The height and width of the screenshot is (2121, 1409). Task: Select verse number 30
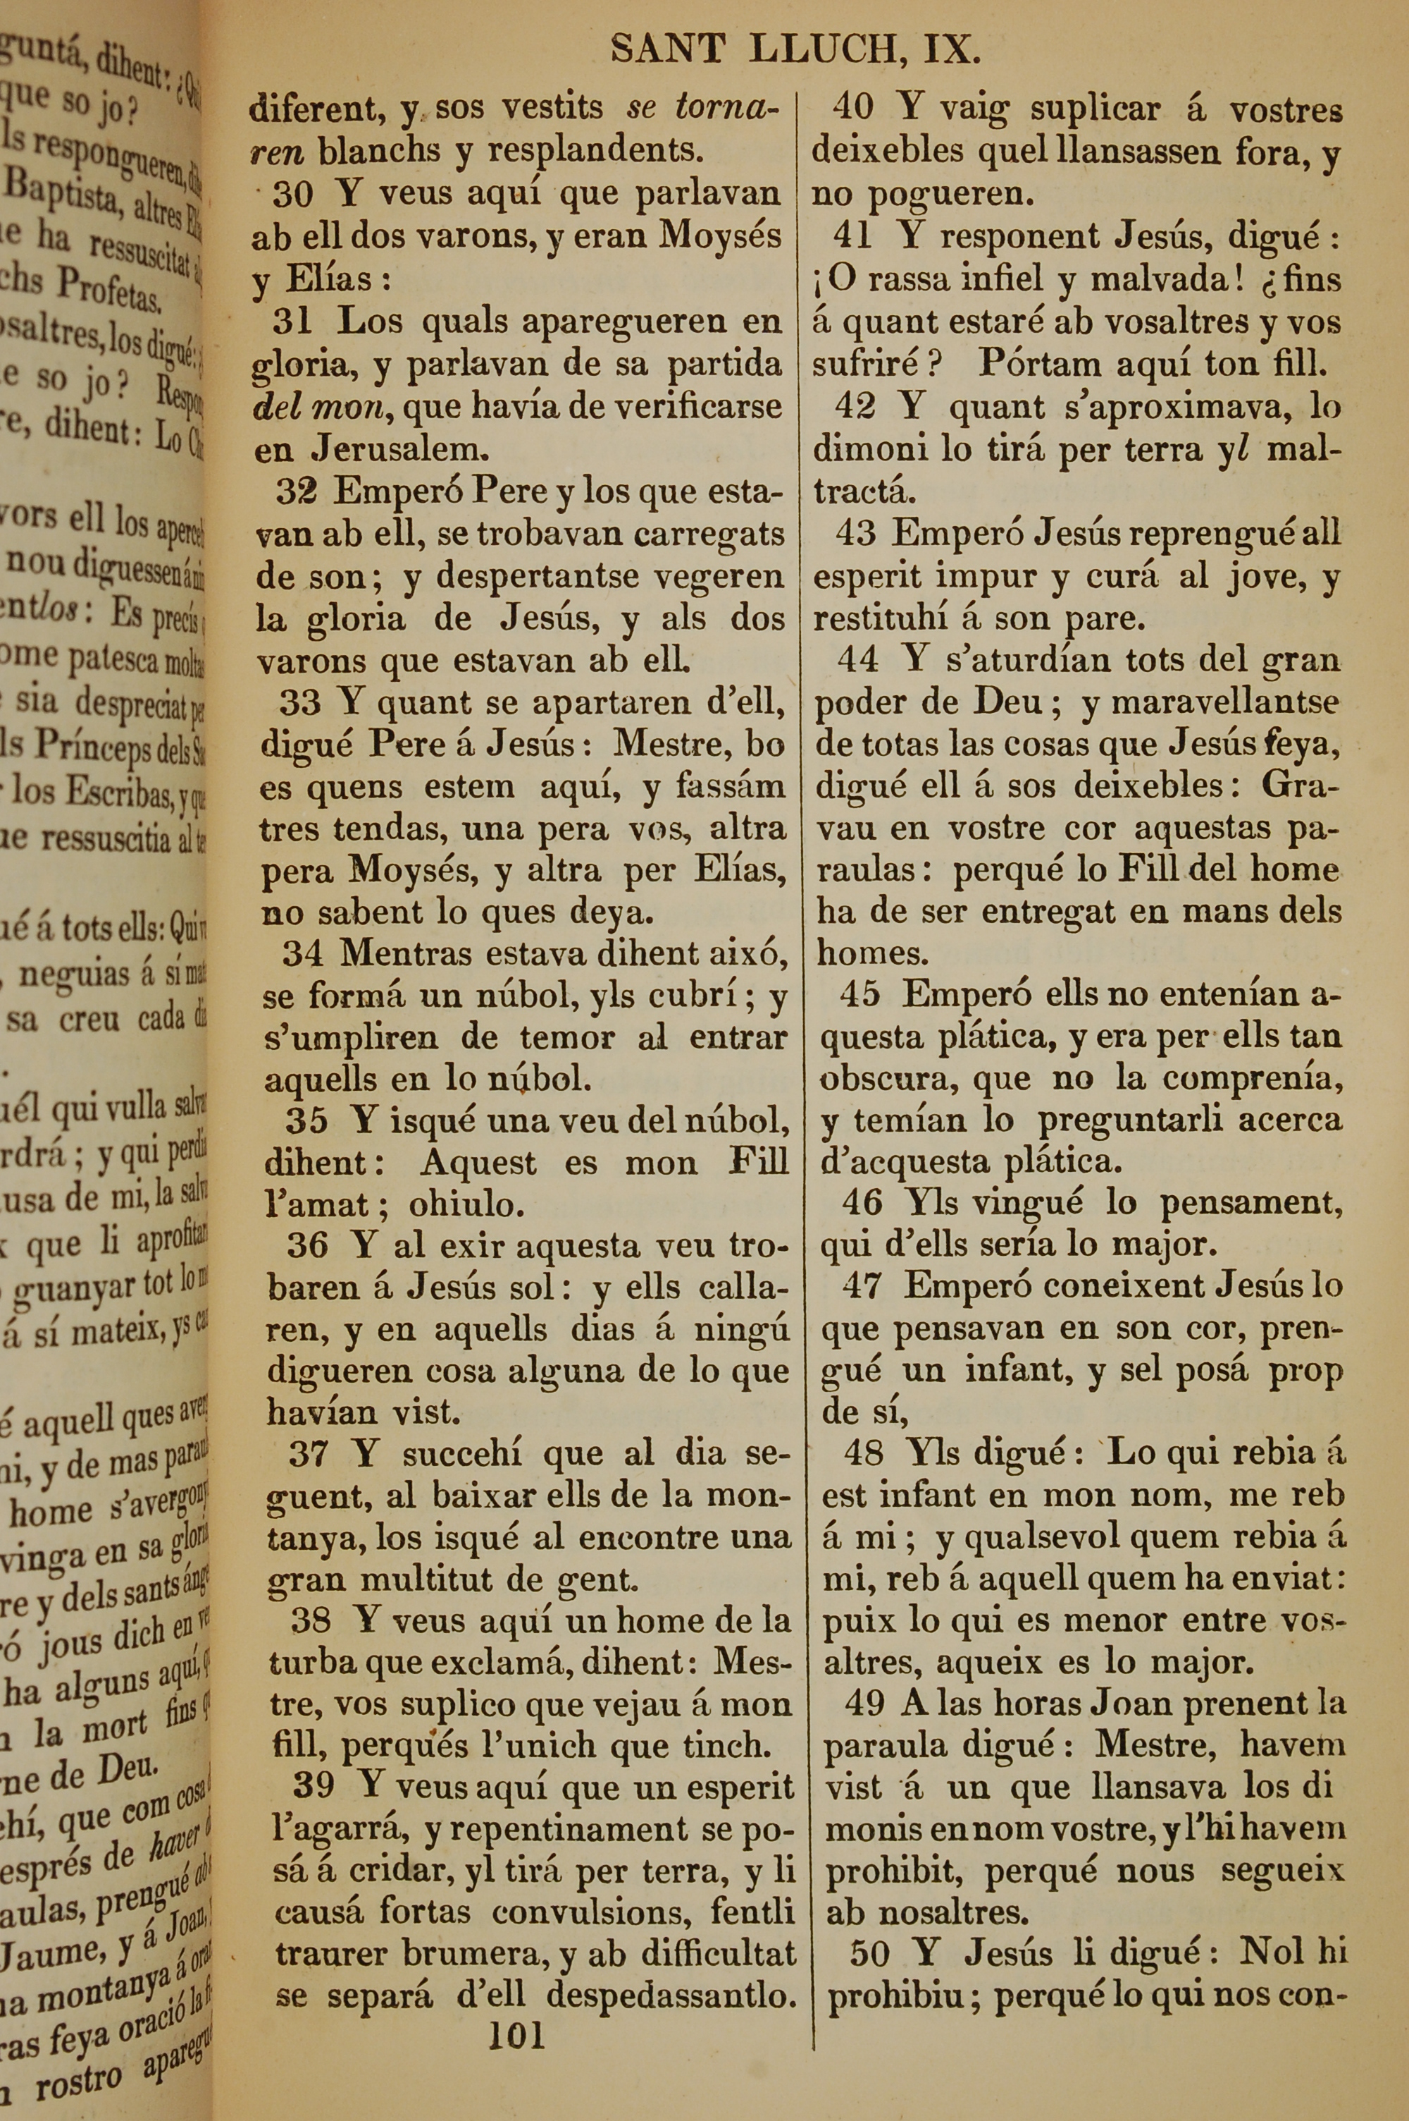(x=293, y=193)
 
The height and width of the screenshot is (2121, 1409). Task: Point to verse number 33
(x=300, y=702)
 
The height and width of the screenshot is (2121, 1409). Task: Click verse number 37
(x=309, y=1454)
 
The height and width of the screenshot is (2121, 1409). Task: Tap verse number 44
(x=857, y=660)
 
